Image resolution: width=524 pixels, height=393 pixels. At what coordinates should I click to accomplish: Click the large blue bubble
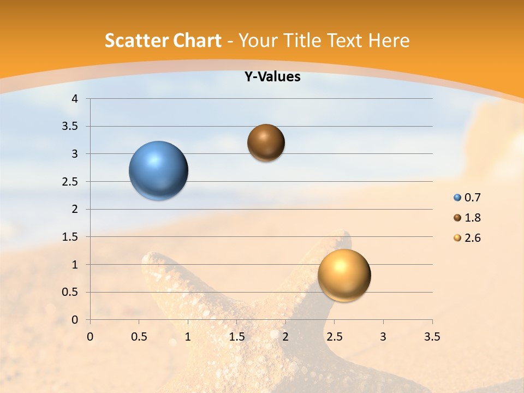pos(159,170)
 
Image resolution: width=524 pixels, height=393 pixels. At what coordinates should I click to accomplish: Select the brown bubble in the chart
pos(266,142)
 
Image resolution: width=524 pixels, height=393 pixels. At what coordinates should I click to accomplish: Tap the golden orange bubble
pos(344,275)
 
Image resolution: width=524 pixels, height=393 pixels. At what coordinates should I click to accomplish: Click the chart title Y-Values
pos(272,77)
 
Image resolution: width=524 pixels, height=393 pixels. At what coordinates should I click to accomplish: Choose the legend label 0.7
pos(472,198)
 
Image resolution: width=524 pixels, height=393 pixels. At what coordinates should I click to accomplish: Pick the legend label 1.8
pos(472,218)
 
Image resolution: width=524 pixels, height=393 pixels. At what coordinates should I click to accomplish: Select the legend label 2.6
pos(472,238)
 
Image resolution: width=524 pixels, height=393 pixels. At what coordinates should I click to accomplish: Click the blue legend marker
pos(457,198)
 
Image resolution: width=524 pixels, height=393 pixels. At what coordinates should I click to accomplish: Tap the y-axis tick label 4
pos(75,99)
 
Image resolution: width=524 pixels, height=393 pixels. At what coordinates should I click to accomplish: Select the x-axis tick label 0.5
pos(139,337)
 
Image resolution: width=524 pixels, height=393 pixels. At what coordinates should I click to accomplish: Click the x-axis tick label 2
pos(285,337)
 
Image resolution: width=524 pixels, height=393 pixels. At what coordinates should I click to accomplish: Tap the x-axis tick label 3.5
pos(432,337)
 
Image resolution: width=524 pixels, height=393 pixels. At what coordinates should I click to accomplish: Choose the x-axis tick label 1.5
pos(237,337)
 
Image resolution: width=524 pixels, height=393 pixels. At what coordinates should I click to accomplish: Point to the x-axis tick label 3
pos(383,337)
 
